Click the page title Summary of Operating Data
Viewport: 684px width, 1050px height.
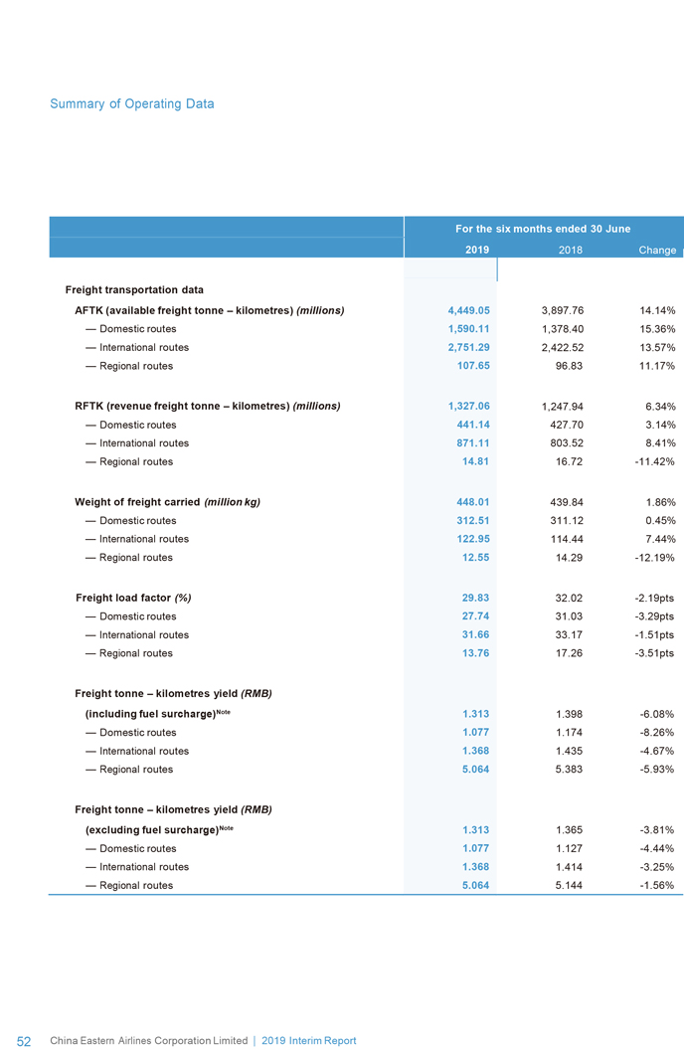(131, 103)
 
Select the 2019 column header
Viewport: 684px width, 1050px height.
(476, 250)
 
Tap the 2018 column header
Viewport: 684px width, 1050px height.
(569, 250)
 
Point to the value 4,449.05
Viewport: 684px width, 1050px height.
(469, 310)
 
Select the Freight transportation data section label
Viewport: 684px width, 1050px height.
(134, 289)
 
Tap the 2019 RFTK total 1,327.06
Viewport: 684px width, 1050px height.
(469, 406)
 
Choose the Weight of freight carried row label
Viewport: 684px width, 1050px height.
(167, 502)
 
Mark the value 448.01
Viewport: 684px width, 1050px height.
(473, 502)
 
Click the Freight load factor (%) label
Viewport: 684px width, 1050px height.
(133, 598)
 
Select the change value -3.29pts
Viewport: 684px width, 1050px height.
(651, 616)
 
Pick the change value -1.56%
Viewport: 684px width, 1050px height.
(653, 885)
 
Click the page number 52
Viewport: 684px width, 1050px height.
(25, 1041)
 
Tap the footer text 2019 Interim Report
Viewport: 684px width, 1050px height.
(308, 1041)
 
